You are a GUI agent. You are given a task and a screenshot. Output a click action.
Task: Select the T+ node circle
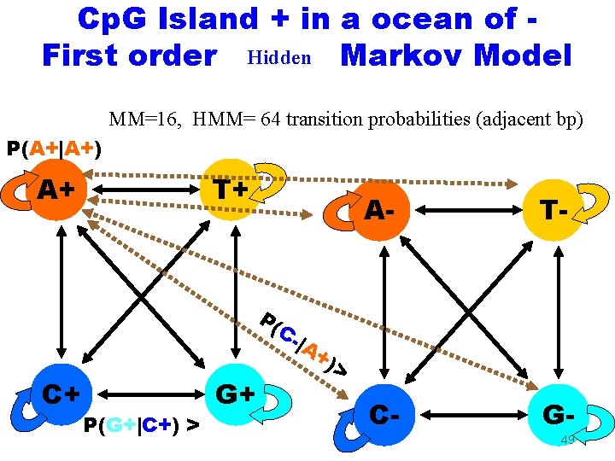point(230,189)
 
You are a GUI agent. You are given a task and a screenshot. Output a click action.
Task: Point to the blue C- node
point(386,417)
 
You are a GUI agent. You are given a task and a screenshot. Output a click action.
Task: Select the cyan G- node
point(560,416)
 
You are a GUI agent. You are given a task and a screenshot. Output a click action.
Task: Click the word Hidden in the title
point(278,58)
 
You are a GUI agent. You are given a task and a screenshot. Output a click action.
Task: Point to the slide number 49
point(567,441)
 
